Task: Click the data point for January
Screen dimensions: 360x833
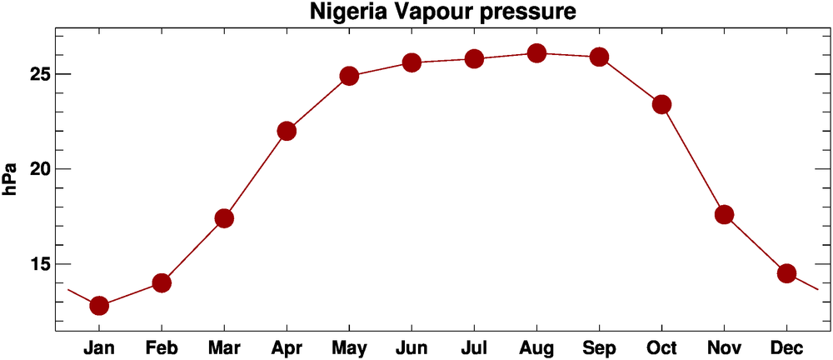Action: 99,306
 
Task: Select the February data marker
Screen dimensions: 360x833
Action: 162,283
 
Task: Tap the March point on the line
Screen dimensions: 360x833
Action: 224,218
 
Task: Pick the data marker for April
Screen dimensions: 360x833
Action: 287,131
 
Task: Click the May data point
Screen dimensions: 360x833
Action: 349,76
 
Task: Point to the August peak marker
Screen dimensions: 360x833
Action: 536,53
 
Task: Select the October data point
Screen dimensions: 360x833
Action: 662,104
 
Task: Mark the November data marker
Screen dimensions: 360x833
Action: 725,214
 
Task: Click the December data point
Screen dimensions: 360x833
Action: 787,273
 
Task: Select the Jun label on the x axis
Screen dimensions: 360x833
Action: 412,346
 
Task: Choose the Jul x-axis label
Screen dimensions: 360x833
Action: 475,346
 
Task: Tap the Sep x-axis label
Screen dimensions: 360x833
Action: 600,346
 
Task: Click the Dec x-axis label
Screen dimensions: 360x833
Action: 787,346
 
